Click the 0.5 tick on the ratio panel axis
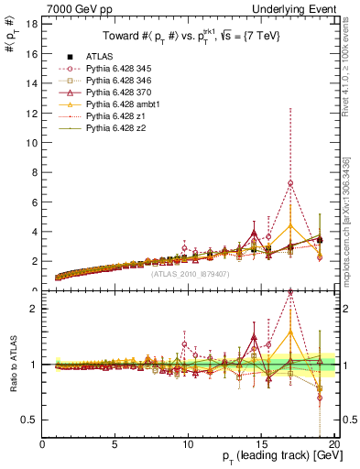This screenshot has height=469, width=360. (31, 420)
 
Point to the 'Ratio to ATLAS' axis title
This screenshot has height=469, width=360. (12, 365)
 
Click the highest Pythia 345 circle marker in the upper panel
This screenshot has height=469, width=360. (290, 183)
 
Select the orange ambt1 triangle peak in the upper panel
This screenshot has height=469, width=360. (290, 225)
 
